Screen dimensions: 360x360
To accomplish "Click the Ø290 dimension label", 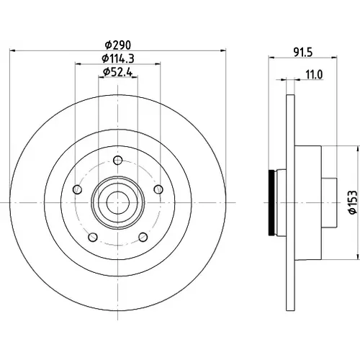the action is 118,45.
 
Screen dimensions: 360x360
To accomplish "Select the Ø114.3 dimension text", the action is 118,58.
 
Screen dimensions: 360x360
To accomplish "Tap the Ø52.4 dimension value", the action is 118,71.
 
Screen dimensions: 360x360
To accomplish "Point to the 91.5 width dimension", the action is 303,53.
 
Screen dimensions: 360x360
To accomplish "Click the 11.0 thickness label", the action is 314,75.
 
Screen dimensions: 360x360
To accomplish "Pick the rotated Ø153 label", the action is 353,202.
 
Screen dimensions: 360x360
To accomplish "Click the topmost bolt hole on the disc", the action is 118,160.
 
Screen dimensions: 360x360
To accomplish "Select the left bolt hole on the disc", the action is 77,189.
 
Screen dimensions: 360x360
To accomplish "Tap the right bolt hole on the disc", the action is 158,189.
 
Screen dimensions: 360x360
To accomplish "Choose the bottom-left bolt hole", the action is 93,237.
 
